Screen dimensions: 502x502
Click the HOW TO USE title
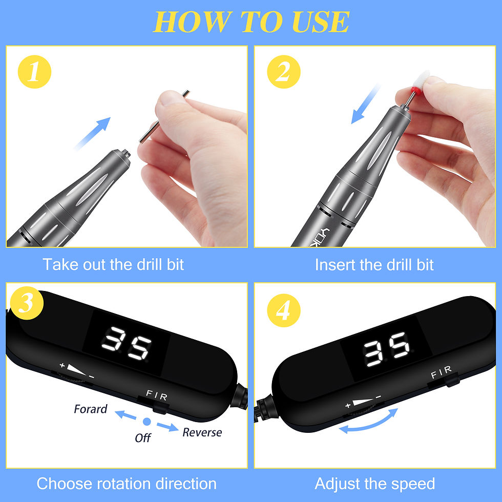click(251, 22)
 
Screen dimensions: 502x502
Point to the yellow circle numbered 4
click(283, 310)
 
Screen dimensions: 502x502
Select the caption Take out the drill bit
click(113, 264)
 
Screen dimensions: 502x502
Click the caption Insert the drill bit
click(374, 264)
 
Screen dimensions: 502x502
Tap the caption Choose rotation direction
click(127, 484)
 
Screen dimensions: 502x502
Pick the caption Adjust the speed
click(374, 484)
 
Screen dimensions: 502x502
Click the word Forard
click(91, 409)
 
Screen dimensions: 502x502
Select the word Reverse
click(202, 432)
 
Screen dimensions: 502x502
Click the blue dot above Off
click(147, 422)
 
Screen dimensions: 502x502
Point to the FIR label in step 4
click(441, 369)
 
